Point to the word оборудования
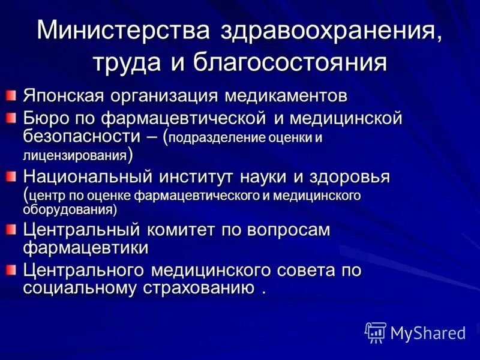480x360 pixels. tap(70, 209)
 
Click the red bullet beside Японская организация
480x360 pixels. tap(11, 95)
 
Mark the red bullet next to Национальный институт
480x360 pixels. tap(11, 176)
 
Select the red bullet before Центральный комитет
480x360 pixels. tap(11, 229)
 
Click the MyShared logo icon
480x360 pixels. tap(376, 332)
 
